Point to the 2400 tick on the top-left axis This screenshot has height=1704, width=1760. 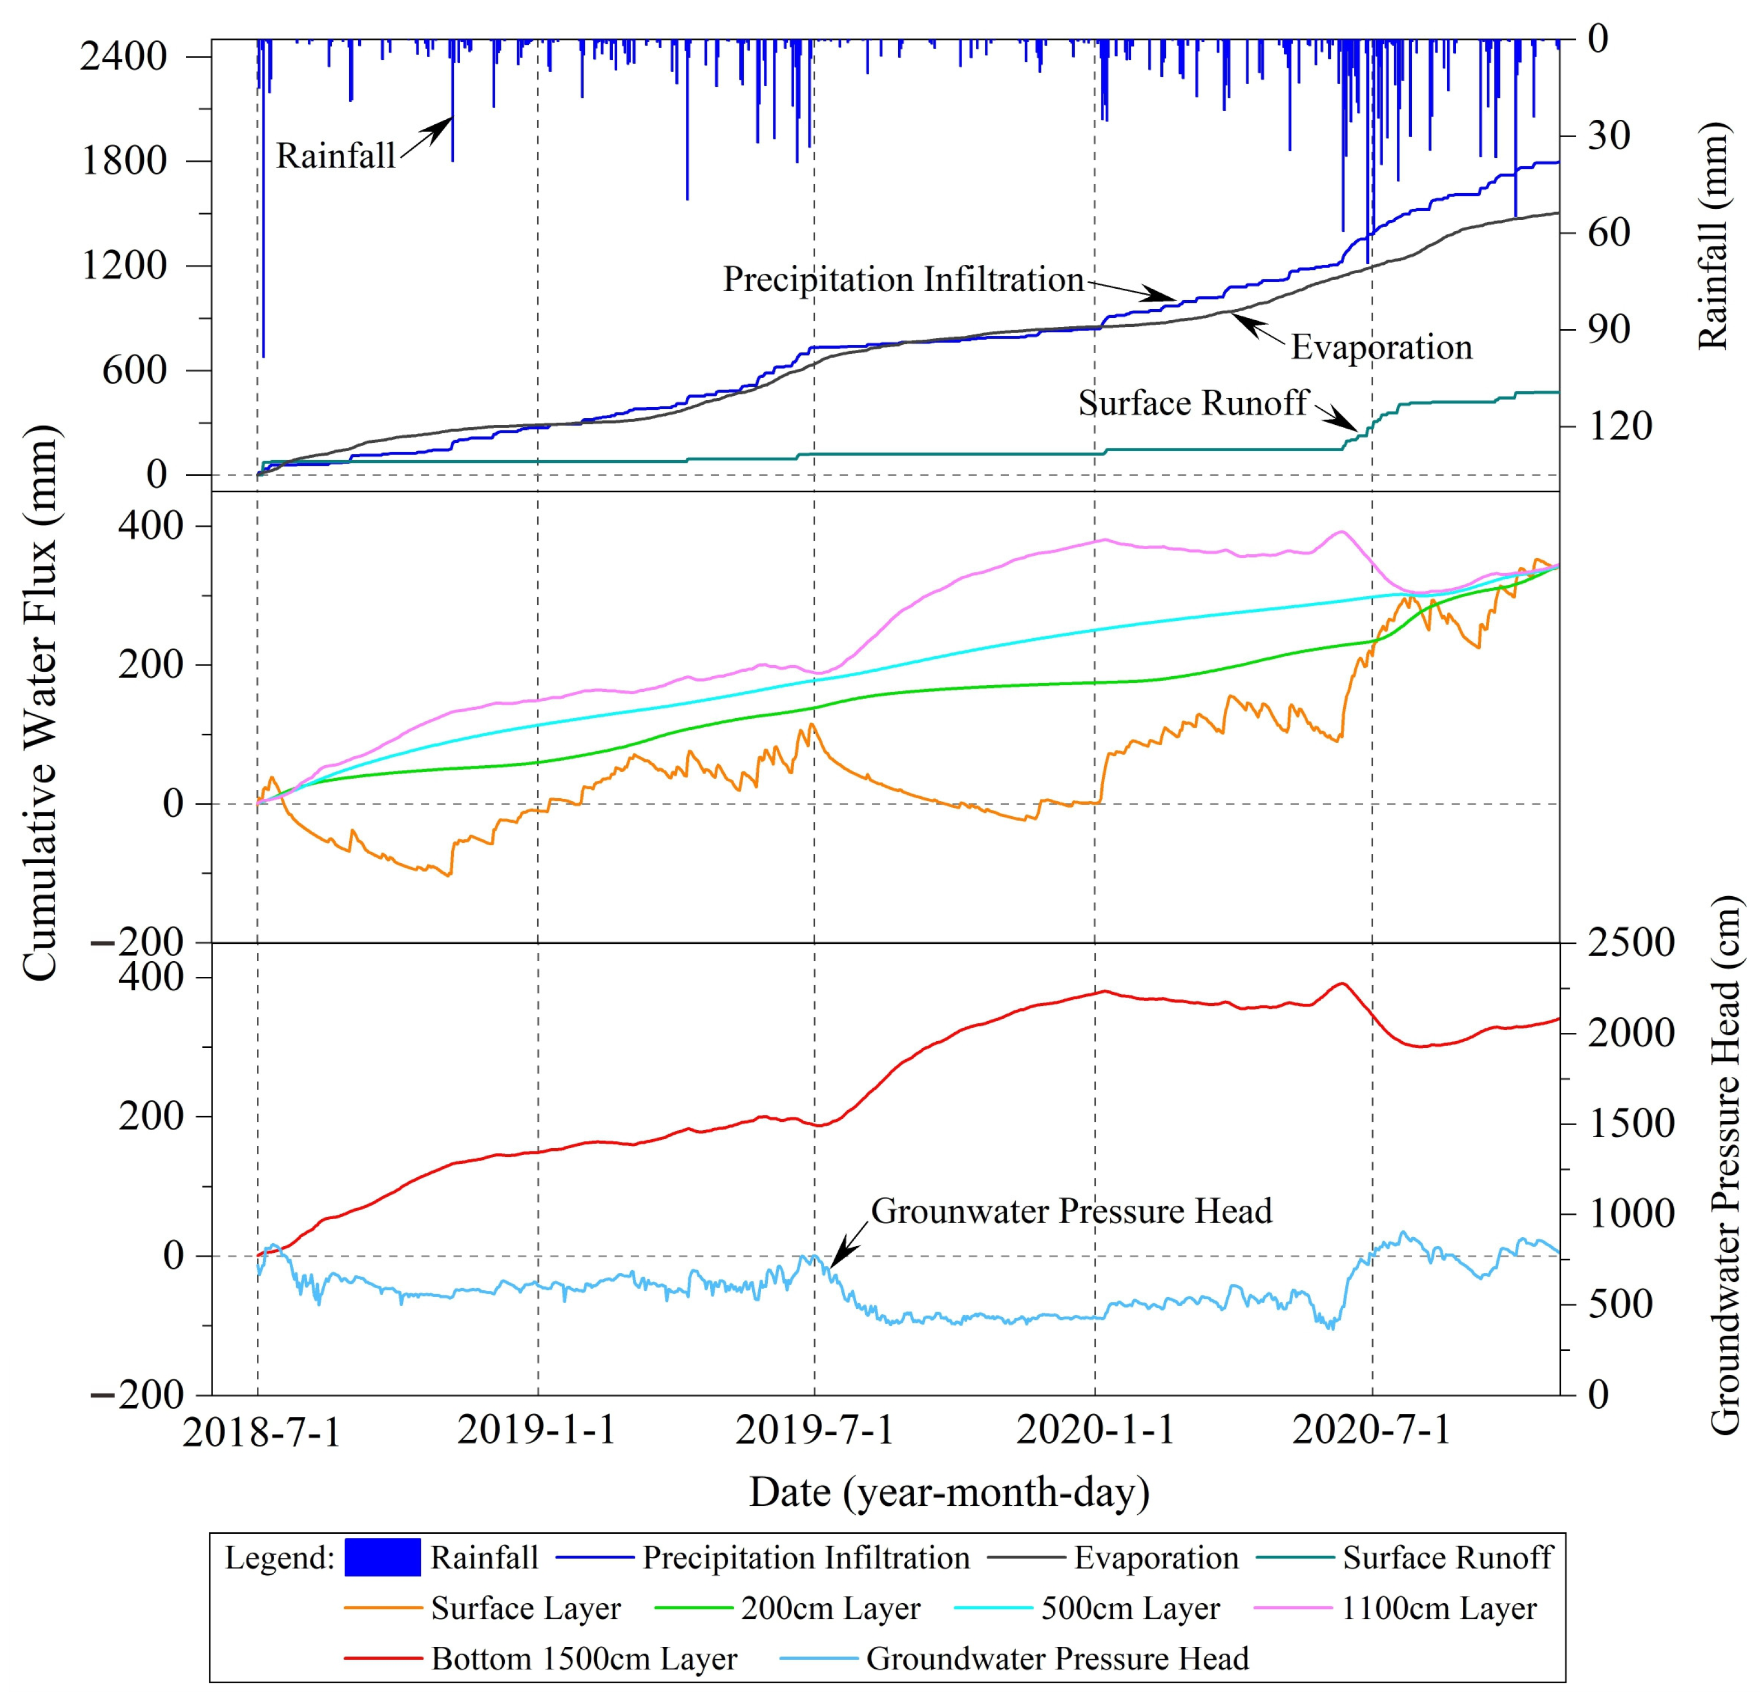pos(123,57)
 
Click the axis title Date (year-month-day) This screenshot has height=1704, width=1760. pos(949,1492)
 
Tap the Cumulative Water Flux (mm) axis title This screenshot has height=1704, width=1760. pos(40,703)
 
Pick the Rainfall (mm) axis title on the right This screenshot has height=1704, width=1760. pos(1714,235)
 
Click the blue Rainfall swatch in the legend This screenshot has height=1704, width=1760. pos(383,1557)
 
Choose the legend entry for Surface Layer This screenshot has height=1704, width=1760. pos(525,1608)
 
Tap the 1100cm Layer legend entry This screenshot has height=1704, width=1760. pos(1439,1608)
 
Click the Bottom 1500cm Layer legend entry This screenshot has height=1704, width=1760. pos(584,1658)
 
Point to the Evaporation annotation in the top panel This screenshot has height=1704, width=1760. pos(1381,348)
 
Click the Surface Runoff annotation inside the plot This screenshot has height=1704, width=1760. pos(1193,403)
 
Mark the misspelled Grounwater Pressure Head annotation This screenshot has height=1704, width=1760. pos(1071,1211)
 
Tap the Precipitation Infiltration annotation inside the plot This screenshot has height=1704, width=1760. pos(903,279)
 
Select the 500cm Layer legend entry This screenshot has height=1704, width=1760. pos(1130,1608)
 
